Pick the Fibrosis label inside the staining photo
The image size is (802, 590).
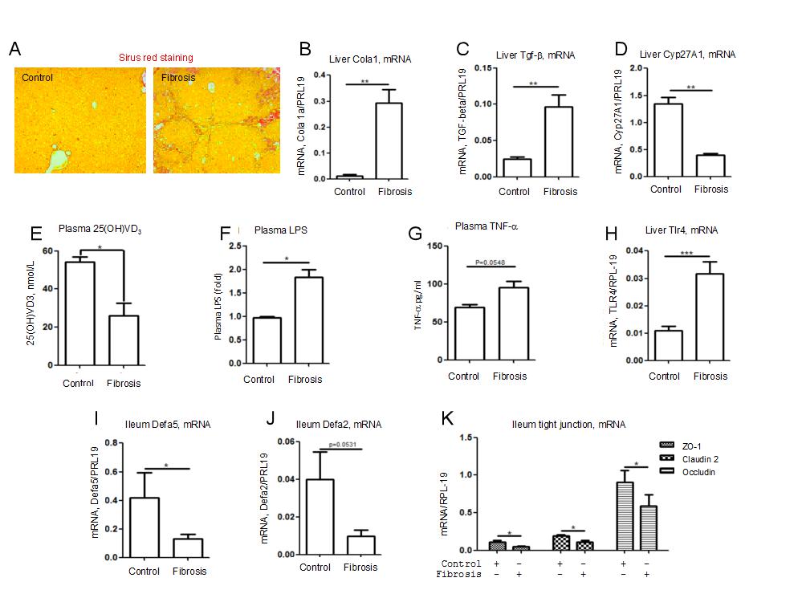click(177, 78)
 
